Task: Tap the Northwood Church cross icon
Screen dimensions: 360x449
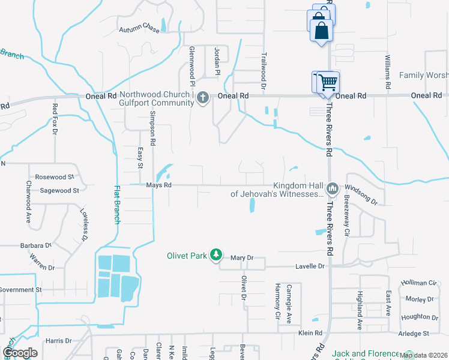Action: pos(203,97)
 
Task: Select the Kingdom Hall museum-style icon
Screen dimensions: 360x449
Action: pos(332,190)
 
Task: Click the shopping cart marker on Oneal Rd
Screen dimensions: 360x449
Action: pos(326,82)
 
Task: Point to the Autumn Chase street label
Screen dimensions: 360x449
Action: pos(139,29)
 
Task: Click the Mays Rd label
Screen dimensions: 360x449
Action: pos(159,185)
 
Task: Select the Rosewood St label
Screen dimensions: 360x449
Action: pos(54,177)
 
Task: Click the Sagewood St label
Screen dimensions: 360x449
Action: pos(59,190)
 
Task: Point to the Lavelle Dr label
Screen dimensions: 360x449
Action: pos(309,266)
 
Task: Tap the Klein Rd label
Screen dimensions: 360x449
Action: pos(310,332)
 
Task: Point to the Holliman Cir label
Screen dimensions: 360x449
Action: pos(420,283)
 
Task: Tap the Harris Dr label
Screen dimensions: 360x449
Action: pos(58,340)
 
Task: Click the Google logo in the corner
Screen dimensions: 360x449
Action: pos(20,353)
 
